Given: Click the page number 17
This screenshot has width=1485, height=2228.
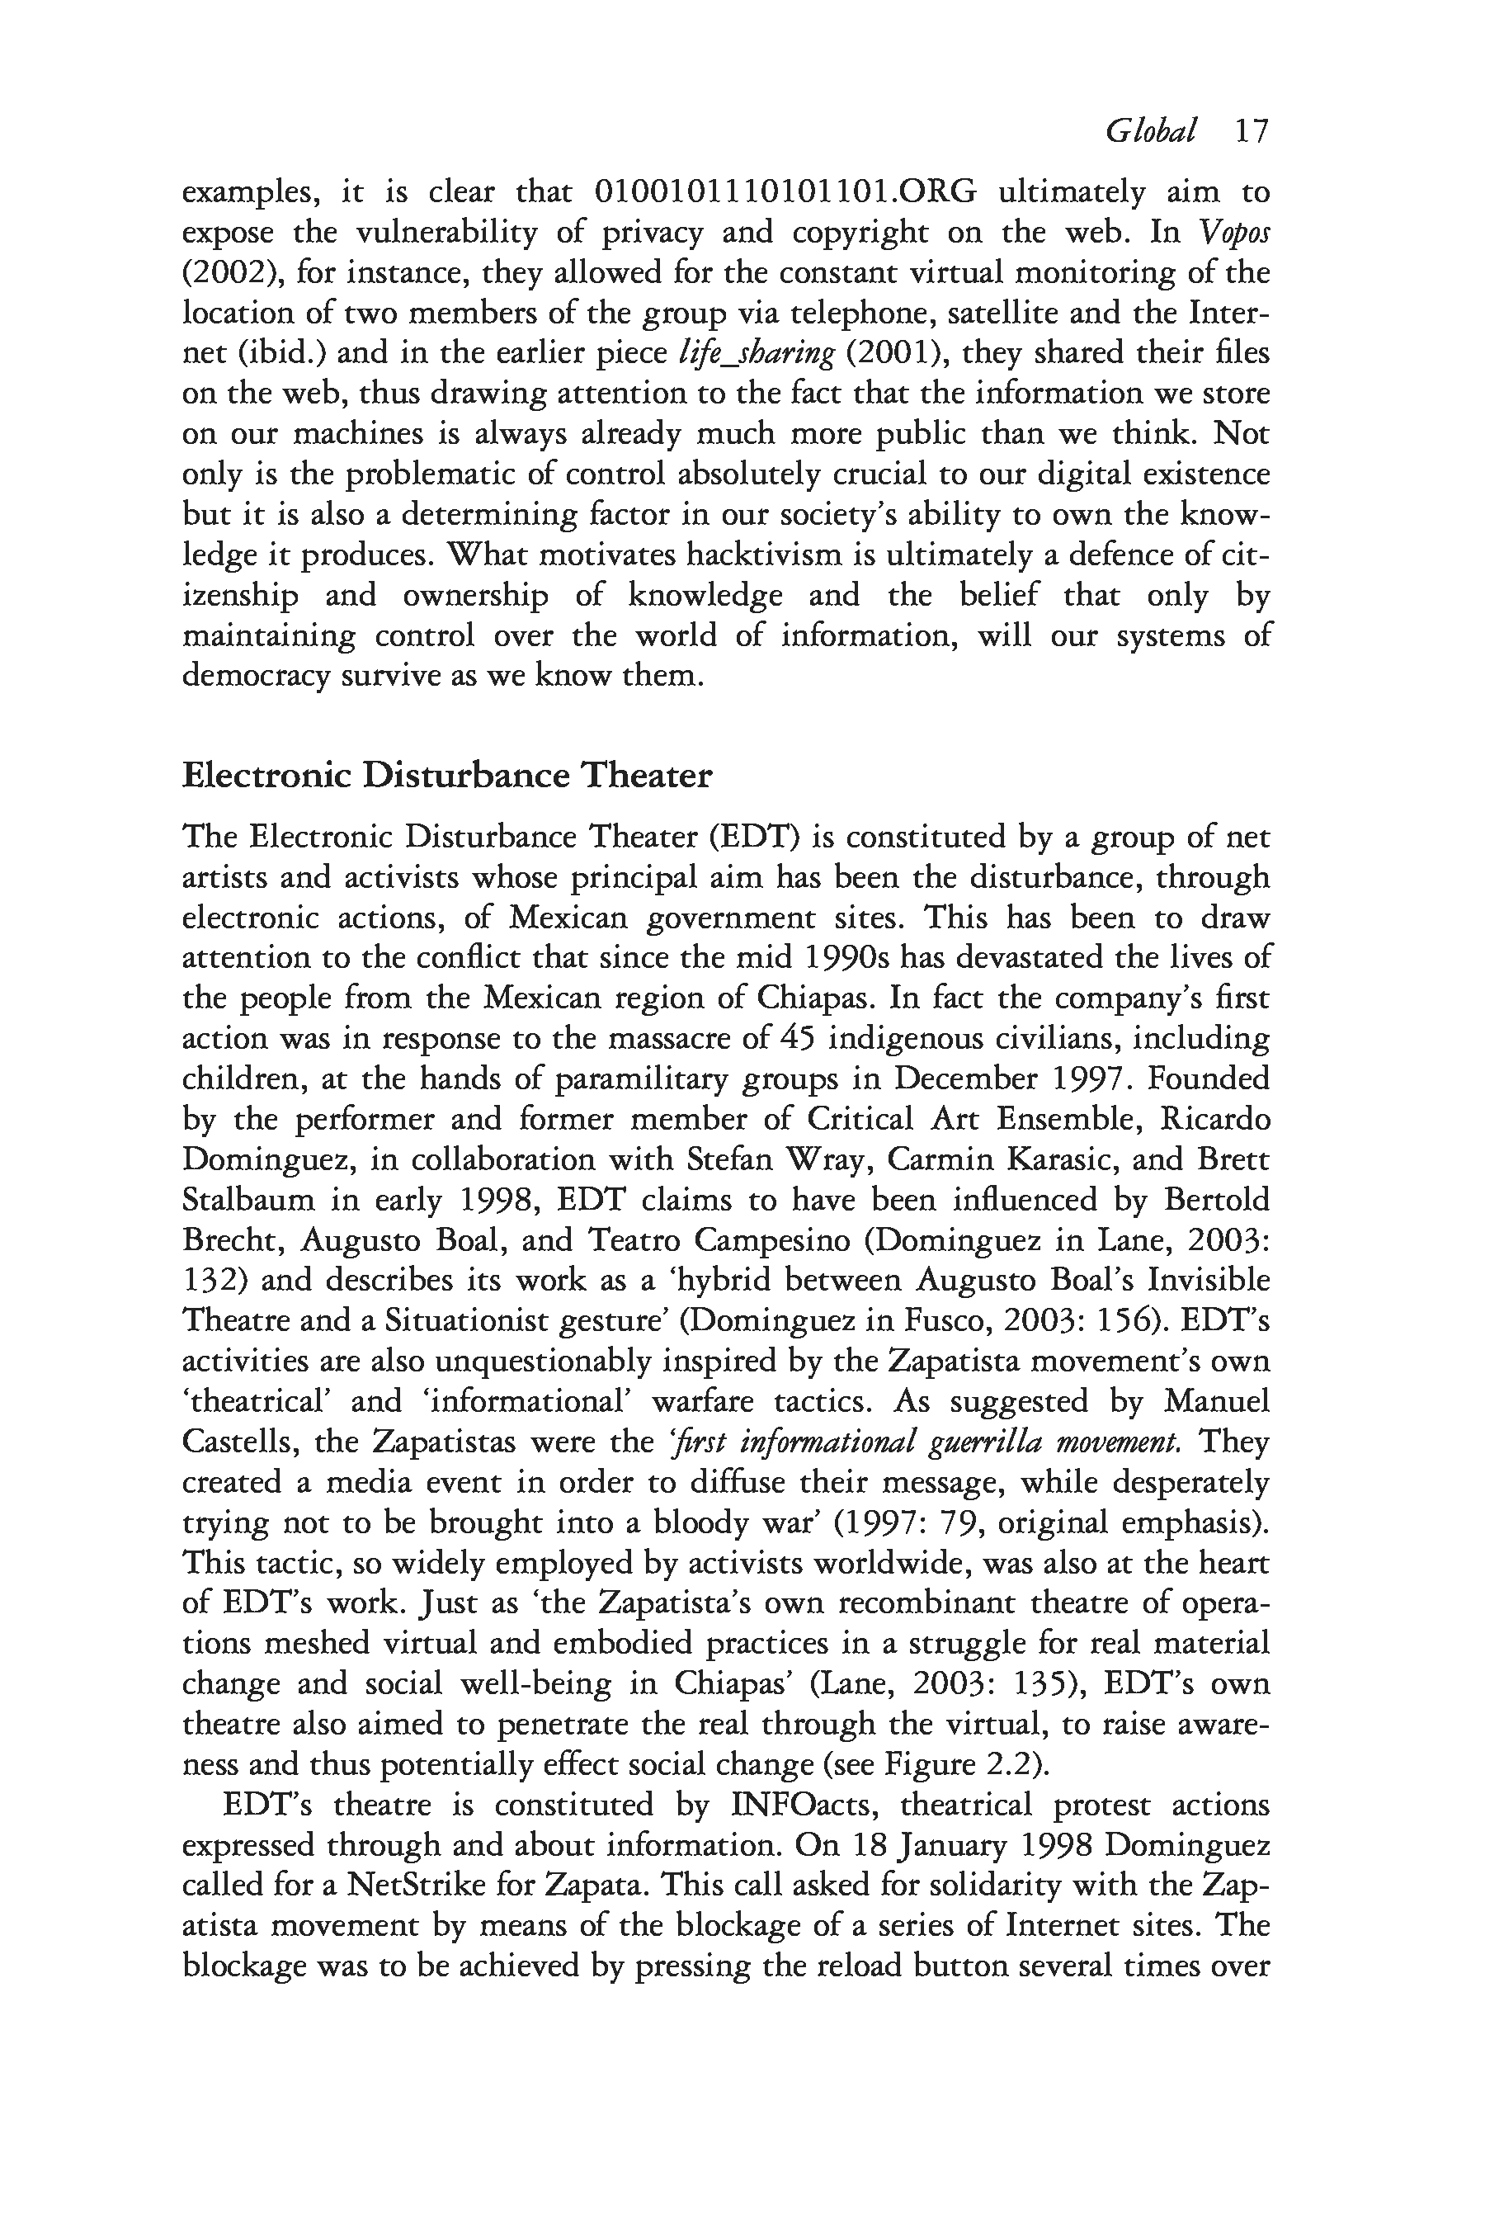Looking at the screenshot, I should pyautogui.click(x=1250, y=130).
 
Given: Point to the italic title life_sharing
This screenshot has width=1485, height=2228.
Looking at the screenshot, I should pyautogui.click(x=757, y=353).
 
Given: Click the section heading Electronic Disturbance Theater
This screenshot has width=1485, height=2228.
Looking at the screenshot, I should pyautogui.click(x=446, y=776).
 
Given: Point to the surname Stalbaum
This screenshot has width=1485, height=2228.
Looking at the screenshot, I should pyautogui.click(x=247, y=1200).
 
